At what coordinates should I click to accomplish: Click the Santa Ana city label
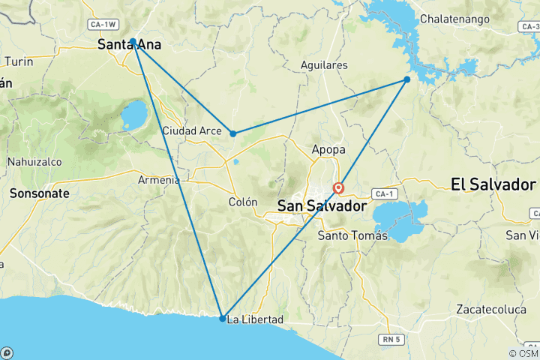point(130,46)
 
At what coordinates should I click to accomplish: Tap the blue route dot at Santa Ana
point(133,41)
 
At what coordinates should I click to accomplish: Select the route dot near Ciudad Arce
point(233,133)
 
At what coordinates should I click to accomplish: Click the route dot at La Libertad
point(223,319)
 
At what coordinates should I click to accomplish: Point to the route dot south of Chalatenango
point(407,79)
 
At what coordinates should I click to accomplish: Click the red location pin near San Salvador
point(339,188)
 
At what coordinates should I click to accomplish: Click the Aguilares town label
point(324,65)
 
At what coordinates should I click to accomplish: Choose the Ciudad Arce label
point(193,132)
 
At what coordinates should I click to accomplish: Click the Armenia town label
point(159,180)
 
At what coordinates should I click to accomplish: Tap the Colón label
point(243,202)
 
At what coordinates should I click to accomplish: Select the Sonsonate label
point(40,193)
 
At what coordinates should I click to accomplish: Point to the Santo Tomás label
point(353,235)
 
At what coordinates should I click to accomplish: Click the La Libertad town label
point(255,320)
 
